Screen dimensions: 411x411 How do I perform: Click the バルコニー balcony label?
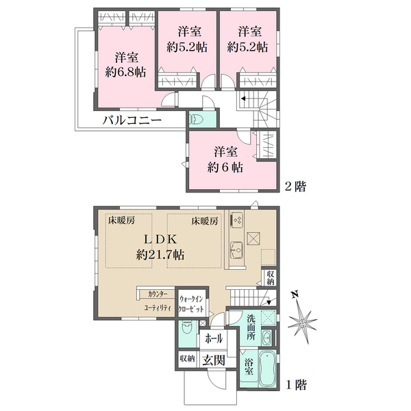132,121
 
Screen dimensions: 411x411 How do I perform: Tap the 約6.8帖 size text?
126,72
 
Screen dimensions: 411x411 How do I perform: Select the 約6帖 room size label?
225,168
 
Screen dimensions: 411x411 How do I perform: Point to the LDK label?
160,239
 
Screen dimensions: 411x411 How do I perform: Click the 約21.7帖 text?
160,255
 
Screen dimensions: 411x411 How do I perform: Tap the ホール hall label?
214,338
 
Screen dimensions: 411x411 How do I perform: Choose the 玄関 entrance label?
214,360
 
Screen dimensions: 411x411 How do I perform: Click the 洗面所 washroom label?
251,327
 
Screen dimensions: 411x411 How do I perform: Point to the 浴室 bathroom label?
249,366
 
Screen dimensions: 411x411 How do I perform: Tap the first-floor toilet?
186,328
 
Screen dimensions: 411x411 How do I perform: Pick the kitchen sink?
237,249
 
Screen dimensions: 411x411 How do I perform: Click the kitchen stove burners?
237,220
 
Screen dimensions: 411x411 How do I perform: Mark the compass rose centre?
303,322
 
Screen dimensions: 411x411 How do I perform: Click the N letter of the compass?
295,295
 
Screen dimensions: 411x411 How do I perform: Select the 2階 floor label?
295,186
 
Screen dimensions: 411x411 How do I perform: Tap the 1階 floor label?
296,385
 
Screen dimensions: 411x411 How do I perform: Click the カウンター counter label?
158,294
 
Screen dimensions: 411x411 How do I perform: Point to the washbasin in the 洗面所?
267,336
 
